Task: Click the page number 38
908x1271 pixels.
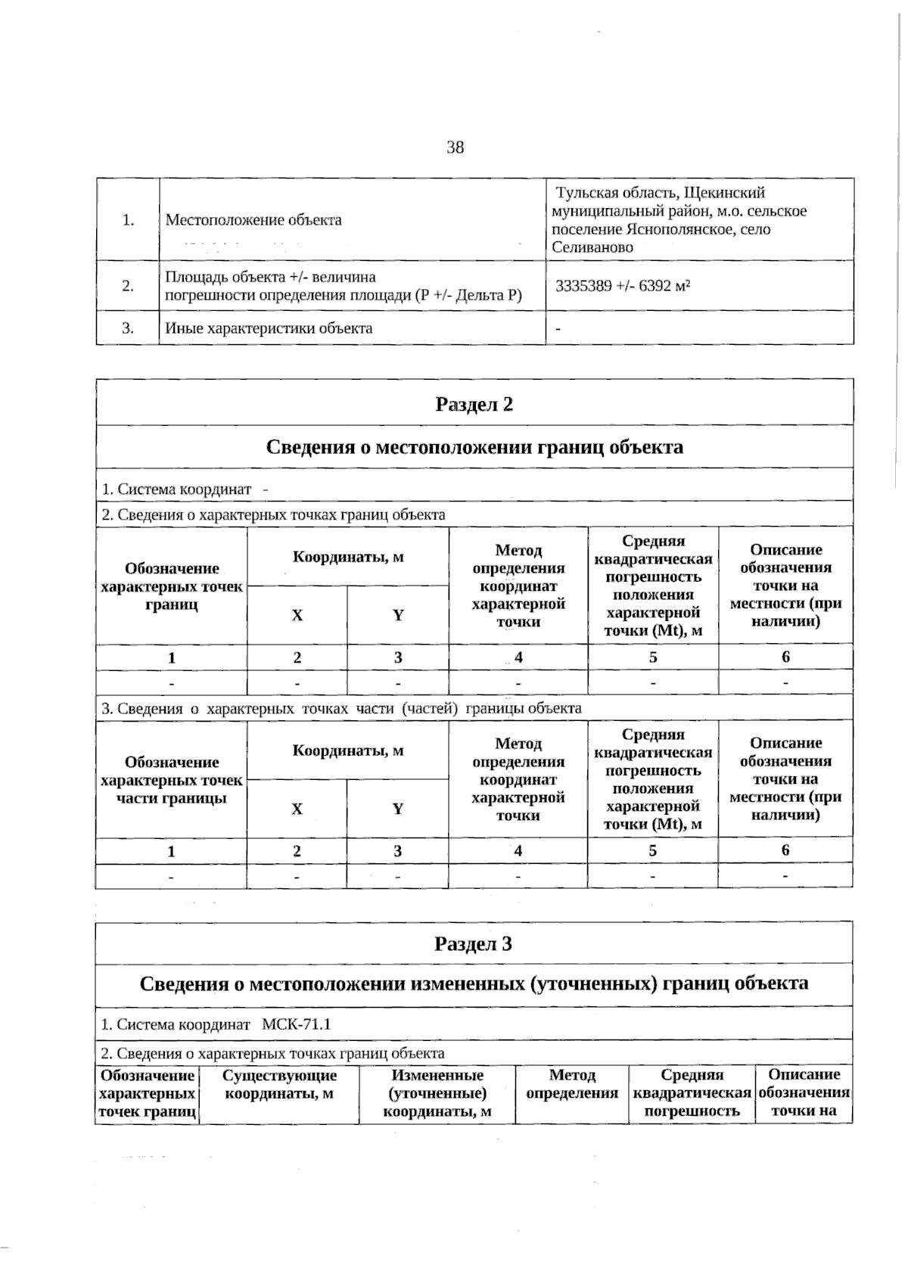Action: [455, 148]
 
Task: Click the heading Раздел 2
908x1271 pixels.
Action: [474, 404]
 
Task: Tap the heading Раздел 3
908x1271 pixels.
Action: [474, 943]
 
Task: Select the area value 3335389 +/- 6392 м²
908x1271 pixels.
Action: [623, 286]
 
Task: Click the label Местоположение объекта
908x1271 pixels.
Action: [253, 220]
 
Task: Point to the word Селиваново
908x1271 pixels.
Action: [592, 247]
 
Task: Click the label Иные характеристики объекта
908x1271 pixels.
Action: [269, 328]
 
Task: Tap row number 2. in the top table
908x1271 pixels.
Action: [128, 285]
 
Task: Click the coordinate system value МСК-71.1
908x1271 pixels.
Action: [297, 1024]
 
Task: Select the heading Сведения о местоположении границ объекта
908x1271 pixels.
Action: [474, 446]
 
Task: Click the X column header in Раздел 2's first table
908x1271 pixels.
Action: [297, 615]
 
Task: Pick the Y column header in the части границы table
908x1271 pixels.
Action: [398, 809]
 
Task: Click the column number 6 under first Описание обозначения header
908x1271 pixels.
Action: [785, 657]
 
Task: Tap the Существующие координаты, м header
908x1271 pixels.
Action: [279, 1084]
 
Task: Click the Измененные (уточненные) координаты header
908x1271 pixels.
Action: [437, 1093]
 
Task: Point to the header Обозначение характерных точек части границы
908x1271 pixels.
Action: [172, 780]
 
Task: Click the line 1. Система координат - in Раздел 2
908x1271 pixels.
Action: [185, 489]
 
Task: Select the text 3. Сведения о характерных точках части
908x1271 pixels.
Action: [340, 709]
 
